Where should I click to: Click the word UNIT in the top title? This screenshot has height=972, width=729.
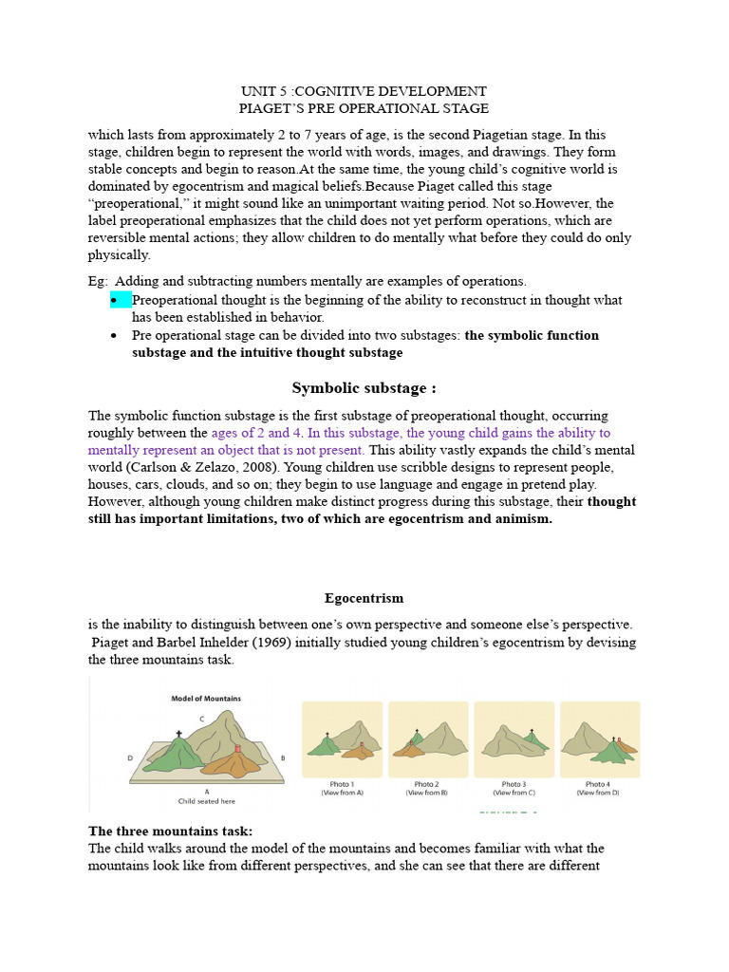point(257,91)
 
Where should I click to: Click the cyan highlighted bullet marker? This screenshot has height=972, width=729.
point(121,300)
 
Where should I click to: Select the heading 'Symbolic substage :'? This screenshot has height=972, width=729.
point(364,387)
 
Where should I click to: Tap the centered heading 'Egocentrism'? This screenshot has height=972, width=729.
point(364,598)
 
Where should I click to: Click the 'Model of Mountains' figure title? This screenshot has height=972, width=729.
point(206,699)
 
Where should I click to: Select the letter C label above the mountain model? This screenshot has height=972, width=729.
point(201,719)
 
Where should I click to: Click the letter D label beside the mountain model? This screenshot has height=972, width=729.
point(130,757)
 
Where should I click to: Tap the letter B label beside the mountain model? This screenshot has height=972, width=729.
point(282,758)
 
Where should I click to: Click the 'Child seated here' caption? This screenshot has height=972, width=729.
point(206,800)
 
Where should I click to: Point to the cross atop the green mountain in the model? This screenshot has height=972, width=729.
point(178,734)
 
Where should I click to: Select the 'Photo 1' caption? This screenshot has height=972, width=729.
point(342,784)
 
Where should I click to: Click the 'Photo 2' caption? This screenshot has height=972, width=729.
point(427,784)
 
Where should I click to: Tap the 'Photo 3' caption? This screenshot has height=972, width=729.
point(513,784)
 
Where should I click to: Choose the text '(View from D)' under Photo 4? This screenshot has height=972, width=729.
point(598,793)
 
